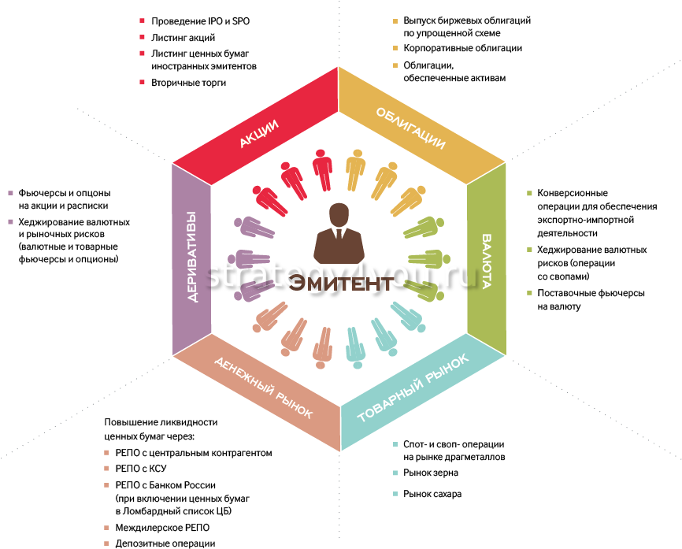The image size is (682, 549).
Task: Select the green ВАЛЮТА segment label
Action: click(486, 261)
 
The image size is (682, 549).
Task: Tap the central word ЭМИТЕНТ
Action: click(340, 283)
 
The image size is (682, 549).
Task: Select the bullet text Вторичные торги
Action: click(188, 83)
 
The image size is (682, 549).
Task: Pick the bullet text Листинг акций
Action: click(183, 37)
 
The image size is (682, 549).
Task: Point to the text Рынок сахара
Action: click(432, 494)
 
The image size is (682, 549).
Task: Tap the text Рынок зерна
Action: click(430, 473)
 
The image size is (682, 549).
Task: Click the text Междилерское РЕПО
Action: click(163, 527)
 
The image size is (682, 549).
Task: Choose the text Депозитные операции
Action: click(165, 543)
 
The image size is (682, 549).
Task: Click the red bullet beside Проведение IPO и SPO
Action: click(142, 20)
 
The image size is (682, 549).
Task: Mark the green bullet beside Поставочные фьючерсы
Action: click(529, 293)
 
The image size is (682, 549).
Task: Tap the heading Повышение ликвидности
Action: click(161, 421)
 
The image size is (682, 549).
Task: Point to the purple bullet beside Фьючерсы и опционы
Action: click(11, 193)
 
